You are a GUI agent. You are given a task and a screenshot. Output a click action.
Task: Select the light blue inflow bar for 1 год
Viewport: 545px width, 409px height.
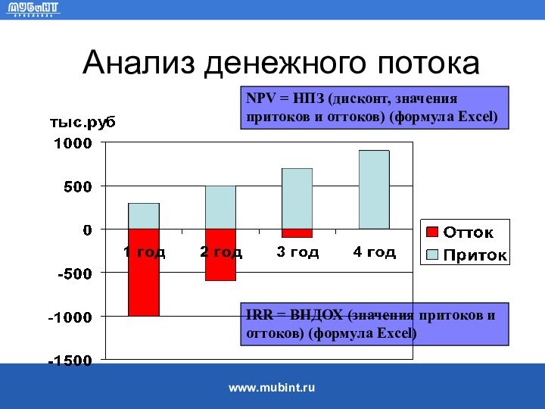(x=143, y=216)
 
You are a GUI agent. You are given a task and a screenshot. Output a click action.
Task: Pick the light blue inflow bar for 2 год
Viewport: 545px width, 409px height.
(x=220, y=207)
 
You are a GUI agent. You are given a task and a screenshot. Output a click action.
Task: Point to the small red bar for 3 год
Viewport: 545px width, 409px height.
(x=297, y=233)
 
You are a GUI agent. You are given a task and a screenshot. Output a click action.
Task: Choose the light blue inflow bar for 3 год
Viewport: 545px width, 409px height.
(x=297, y=198)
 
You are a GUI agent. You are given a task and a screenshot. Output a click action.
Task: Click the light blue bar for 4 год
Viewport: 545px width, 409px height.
(x=374, y=189)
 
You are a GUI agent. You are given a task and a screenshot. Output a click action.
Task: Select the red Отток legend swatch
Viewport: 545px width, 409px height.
(x=431, y=232)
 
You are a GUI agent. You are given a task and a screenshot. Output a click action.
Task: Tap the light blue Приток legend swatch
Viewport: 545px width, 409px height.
(x=431, y=254)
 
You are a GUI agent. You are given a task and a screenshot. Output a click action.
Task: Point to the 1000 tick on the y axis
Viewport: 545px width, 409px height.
(x=72, y=143)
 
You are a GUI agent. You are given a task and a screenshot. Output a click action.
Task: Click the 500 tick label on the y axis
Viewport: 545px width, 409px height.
(x=77, y=186)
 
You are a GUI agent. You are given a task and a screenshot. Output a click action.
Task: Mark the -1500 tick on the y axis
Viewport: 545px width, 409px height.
(x=70, y=360)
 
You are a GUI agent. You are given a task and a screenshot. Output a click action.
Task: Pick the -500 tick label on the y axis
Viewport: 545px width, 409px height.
(x=73, y=273)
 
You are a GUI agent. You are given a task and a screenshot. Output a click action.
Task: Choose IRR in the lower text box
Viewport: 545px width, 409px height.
(x=257, y=316)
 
